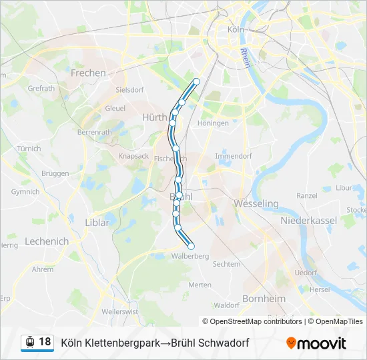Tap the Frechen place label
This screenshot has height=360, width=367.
pos(88,73)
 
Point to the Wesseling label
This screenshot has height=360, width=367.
pos(256,203)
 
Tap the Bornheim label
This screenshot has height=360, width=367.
pos(264,298)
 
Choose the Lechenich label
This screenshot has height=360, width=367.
pos(47,241)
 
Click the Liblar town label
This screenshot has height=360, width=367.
pos(97,223)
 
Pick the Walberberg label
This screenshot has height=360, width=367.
pos(190,256)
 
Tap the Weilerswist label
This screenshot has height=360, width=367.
pos(120,311)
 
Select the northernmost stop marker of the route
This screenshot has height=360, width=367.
pos(196,81)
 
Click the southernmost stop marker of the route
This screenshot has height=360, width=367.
pos(191,247)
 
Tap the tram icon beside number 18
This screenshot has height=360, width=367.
pos(29,342)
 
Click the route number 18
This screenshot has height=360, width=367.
pos(45,342)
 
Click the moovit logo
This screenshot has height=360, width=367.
pos(316,343)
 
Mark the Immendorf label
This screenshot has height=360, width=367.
pos(233,156)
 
